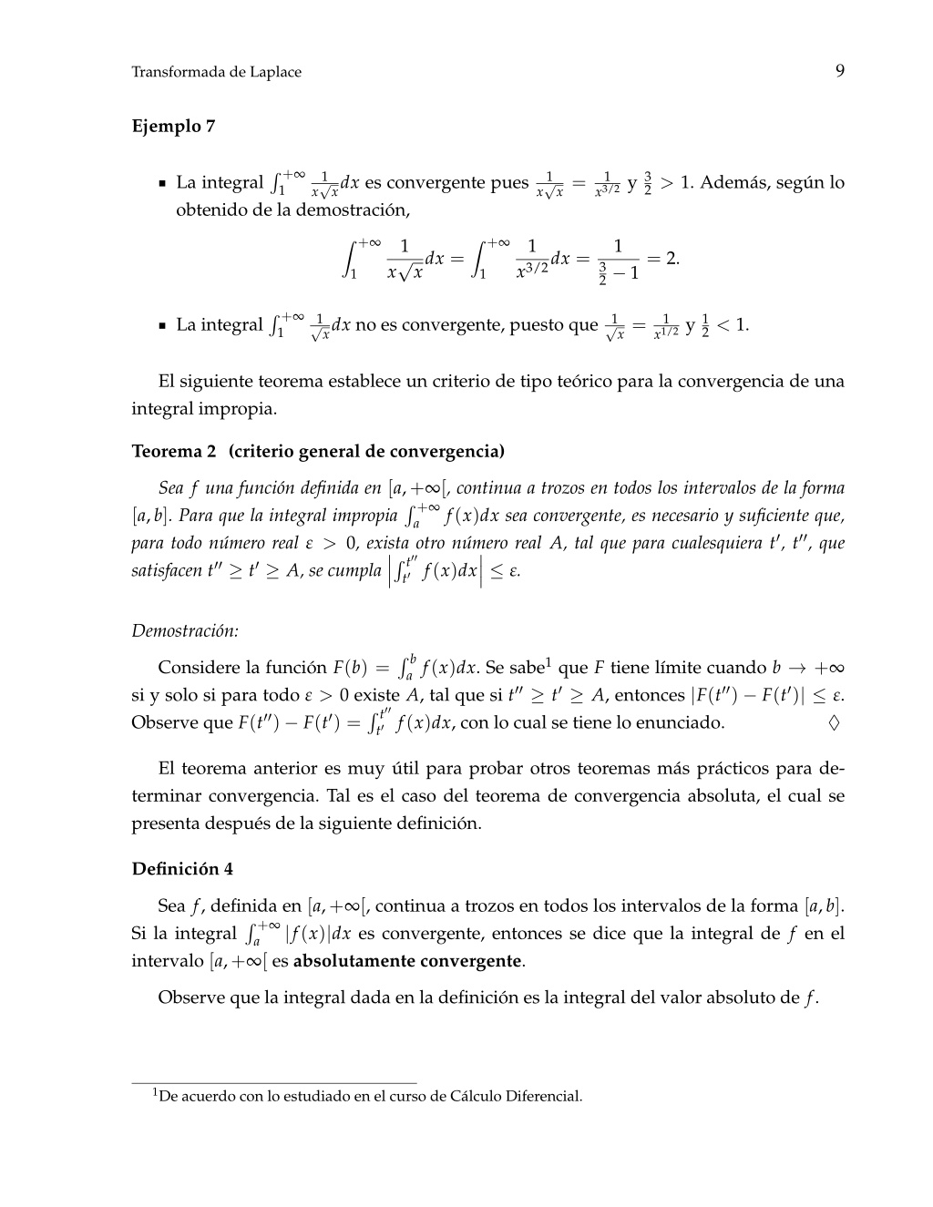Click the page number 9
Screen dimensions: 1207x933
838,71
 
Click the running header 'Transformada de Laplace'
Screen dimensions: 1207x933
216,72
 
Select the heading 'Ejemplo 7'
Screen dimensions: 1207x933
173,126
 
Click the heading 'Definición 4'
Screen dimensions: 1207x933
182,868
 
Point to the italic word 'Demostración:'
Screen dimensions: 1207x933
185,630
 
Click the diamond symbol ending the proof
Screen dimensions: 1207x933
834,723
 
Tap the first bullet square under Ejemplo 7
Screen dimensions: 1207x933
162,183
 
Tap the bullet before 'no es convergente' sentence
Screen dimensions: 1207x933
162,325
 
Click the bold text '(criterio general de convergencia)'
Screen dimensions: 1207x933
366,451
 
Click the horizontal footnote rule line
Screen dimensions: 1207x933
273,1082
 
